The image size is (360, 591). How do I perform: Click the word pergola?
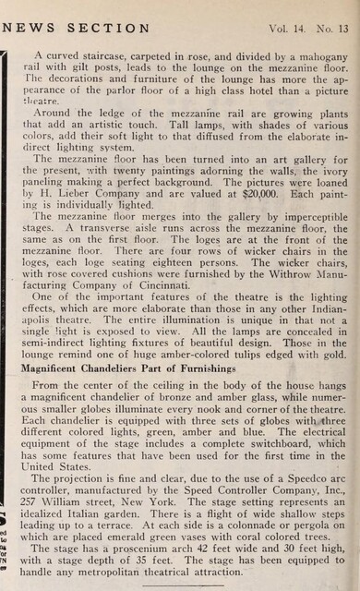[313, 534]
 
